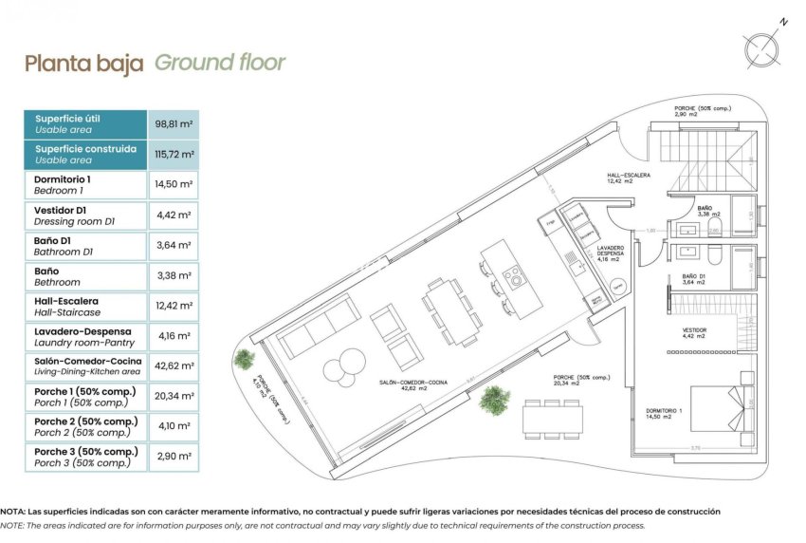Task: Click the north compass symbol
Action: (764, 46)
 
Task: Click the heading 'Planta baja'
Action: (83, 65)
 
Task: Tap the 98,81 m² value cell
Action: (174, 124)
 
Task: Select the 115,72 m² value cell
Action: (174, 155)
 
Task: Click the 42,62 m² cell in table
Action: (174, 366)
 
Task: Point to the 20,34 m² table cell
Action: (174, 397)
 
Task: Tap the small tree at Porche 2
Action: (245, 359)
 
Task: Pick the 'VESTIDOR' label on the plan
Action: (694, 332)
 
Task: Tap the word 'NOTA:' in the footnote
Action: (14, 512)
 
